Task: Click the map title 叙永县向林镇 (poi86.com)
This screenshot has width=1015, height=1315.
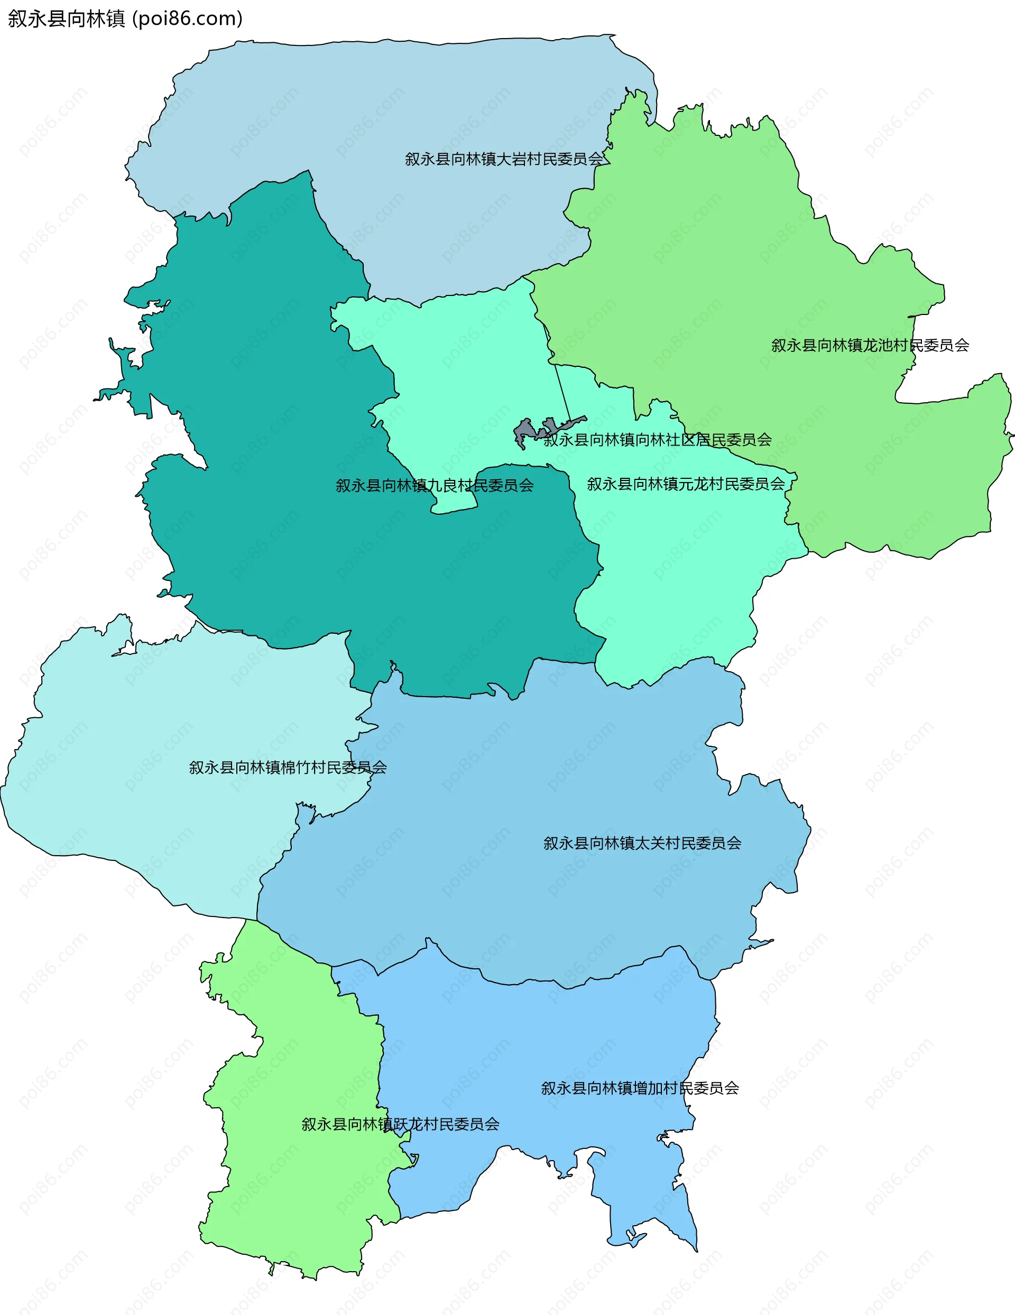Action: (125, 18)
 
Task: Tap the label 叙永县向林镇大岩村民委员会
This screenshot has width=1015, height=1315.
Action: (504, 159)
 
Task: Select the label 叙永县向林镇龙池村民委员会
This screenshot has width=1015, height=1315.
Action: (870, 346)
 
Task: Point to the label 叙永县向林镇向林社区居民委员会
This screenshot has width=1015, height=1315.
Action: (657, 440)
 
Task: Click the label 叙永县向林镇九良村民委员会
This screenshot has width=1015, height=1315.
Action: (435, 486)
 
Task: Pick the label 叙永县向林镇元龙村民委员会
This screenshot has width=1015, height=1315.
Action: (686, 484)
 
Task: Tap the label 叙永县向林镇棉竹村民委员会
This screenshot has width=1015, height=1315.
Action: (288, 767)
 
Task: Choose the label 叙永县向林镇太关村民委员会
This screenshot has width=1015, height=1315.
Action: (642, 844)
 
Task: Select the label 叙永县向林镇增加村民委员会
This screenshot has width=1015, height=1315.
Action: (640, 1089)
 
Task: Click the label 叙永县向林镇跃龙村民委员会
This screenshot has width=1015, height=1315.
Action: (401, 1125)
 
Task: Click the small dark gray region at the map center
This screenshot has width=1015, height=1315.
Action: (526, 432)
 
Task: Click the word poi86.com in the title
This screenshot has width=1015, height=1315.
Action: (187, 18)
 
